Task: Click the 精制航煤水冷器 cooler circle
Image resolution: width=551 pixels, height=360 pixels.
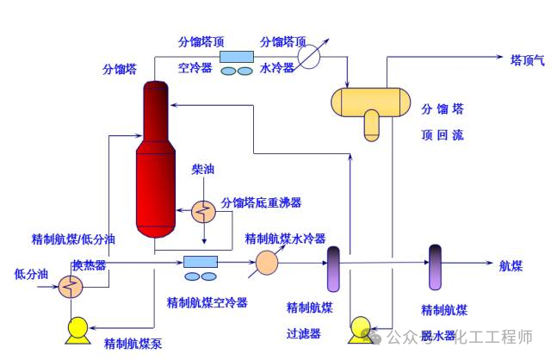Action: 268,262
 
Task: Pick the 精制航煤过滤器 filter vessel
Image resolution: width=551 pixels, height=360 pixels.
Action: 334,268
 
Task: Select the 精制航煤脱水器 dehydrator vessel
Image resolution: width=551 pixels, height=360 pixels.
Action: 435,267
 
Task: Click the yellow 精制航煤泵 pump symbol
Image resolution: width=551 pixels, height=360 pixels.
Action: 77,328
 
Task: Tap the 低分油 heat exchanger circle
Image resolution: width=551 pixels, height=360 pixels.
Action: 68,289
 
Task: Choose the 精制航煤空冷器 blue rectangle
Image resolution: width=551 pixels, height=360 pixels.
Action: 200,262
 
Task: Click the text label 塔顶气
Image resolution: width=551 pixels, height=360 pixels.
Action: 528,59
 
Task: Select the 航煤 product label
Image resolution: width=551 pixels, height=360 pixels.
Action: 511,265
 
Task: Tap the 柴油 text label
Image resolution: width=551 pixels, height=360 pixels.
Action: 203,170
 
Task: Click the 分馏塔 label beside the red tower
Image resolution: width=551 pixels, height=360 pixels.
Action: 119,70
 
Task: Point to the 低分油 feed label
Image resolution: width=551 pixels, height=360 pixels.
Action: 32,276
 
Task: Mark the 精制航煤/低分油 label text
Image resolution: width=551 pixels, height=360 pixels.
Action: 73,238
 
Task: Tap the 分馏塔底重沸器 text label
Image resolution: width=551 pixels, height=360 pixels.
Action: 261,202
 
